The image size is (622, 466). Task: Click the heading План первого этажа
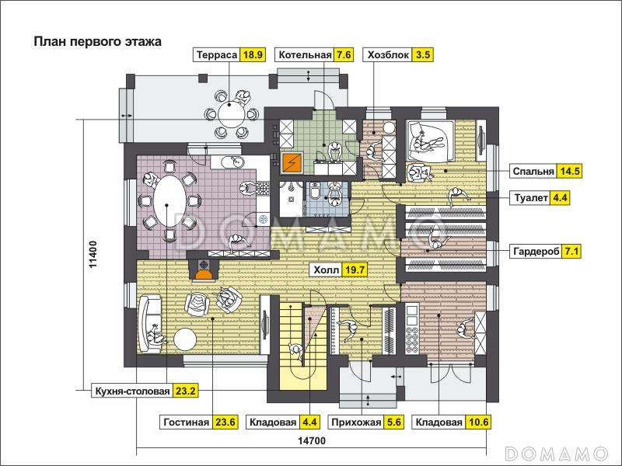pyautogui.click(x=96, y=42)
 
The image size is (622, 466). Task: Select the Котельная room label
pyautogui.click(x=304, y=54)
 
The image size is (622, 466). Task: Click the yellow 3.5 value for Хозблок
pyautogui.click(x=423, y=54)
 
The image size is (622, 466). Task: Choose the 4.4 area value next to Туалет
pyautogui.click(x=561, y=197)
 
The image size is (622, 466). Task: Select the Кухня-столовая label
pyautogui.click(x=131, y=391)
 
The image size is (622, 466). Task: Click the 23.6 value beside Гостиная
pyautogui.click(x=225, y=423)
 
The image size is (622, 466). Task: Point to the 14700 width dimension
pyautogui.click(x=310, y=441)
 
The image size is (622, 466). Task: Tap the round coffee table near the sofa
pyautogui.click(x=187, y=339)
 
